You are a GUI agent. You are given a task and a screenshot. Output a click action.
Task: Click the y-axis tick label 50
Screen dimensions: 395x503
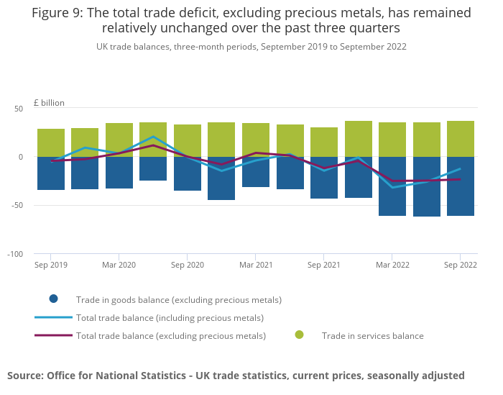pyautogui.click(x=19, y=109)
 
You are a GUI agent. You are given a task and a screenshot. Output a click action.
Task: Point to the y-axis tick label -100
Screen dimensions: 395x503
pyautogui.click(x=16, y=254)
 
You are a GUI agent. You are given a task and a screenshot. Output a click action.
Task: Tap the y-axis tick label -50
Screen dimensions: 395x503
pyautogui.click(x=17, y=205)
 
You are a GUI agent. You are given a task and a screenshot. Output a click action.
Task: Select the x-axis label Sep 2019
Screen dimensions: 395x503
pyautogui.click(x=51, y=265)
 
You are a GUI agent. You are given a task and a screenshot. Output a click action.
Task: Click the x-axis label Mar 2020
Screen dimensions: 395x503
pyautogui.click(x=119, y=265)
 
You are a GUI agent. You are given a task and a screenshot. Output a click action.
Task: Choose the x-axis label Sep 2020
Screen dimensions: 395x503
pyautogui.click(x=188, y=265)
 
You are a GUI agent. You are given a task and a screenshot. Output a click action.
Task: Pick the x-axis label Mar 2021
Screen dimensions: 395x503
pyautogui.click(x=256, y=265)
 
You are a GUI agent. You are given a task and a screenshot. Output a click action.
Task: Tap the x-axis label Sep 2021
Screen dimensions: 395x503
pyautogui.click(x=324, y=265)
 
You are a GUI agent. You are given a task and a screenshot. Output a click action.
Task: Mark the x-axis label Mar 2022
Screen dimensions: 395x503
pyautogui.click(x=392, y=265)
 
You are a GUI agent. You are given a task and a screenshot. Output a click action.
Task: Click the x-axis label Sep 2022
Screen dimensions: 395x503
pyautogui.click(x=460, y=265)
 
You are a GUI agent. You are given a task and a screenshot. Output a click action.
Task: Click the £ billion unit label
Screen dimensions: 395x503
pyautogui.click(x=49, y=103)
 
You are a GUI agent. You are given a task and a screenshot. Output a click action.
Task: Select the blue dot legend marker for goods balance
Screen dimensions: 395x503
pyautogui.click(x=53, y=299)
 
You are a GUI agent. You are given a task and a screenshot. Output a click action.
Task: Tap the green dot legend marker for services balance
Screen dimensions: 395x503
pyautogui.click(x=299, y=335)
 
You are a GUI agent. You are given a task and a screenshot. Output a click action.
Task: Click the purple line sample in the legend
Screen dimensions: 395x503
pyautogui.click(x=53, y=335)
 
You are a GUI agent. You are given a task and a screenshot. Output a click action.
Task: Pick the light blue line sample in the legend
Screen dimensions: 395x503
pyautogui.click(x=53, y=317)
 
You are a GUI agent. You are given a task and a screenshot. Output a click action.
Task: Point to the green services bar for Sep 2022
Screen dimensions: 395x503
pyautogui.click(x=460, y=139)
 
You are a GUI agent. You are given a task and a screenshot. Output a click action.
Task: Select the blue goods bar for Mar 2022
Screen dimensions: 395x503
pyautogui.click(x=392, y=186)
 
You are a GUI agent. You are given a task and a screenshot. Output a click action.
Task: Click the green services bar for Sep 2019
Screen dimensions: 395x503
pyautogui.click(x=51, y=142)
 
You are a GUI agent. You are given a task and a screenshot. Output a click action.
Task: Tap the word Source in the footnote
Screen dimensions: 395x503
pyautogui.click(x=26, y=375)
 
